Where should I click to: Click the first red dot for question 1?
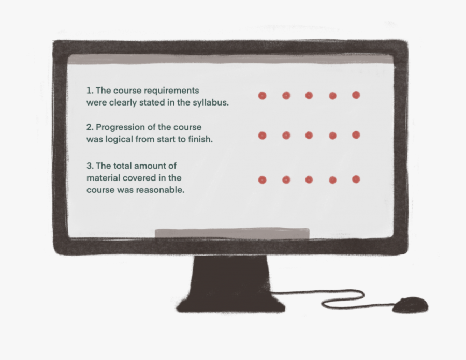coord(262,96)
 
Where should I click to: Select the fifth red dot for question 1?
coord(356,95)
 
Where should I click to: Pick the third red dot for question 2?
coord(309,136)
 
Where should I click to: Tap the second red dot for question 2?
coord(286,136)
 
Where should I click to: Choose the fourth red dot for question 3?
coord(333,180)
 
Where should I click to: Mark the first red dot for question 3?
coord(262,180)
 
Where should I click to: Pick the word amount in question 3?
coord(149,166)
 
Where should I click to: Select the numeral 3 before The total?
coord(90,166)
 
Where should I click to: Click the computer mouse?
coord(410,305)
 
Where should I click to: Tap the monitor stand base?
coord(230,306)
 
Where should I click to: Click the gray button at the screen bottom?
coord(232,233)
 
